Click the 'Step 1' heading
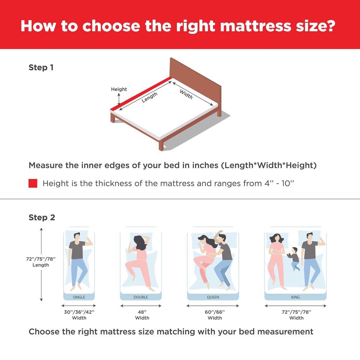click(x=41, y=68)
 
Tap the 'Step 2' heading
click(x=42, y=218)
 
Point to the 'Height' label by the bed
click(x=119, y=89)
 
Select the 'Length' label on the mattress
click(x=149, y=97)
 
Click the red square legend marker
click(x=33, y=184)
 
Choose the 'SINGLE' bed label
click(x=79, y=297)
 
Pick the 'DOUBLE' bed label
click(x=140, y=297)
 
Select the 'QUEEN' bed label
click(x=213, y=297)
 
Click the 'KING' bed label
click(x=295, y=297)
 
